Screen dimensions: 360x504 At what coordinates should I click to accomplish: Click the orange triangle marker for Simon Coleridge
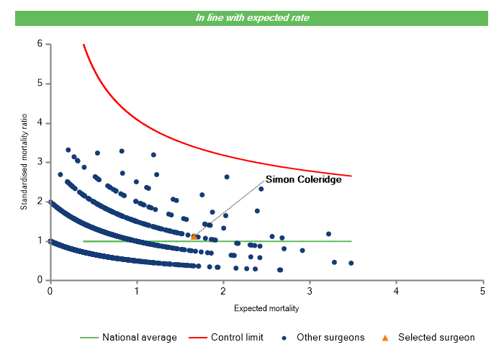(x=194, y=236)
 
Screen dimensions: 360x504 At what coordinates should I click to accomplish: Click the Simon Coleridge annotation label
(x=303, y=179)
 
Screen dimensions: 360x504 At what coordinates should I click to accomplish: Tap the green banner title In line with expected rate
(x=253, y=18)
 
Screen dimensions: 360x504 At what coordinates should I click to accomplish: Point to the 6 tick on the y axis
(x=40, y=44)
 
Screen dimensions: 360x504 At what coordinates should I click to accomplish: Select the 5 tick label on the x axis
(x=482, y=291)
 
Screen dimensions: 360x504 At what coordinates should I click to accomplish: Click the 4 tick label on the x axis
(x=396, y=291)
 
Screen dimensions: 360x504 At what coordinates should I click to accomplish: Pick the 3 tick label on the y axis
(x=40, y=162)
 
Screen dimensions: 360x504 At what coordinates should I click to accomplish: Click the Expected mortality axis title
(x=266, y=308)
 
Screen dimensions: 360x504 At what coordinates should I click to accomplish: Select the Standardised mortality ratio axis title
(x=24, y=162)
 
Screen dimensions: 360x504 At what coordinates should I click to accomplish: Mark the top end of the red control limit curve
(x=84, y=45)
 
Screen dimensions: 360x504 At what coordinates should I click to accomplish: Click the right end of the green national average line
(x=351, y=241)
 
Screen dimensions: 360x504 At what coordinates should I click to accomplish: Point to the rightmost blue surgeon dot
(x=351, y=263)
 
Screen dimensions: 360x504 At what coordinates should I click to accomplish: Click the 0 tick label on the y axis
(x=40, y=280)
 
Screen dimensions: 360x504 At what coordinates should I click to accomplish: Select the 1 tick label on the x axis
(x=137, y=291)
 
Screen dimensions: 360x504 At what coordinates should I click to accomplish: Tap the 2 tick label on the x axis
(x=223, y=291)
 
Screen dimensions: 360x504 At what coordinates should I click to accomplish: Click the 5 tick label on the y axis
(x=40, y=84)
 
